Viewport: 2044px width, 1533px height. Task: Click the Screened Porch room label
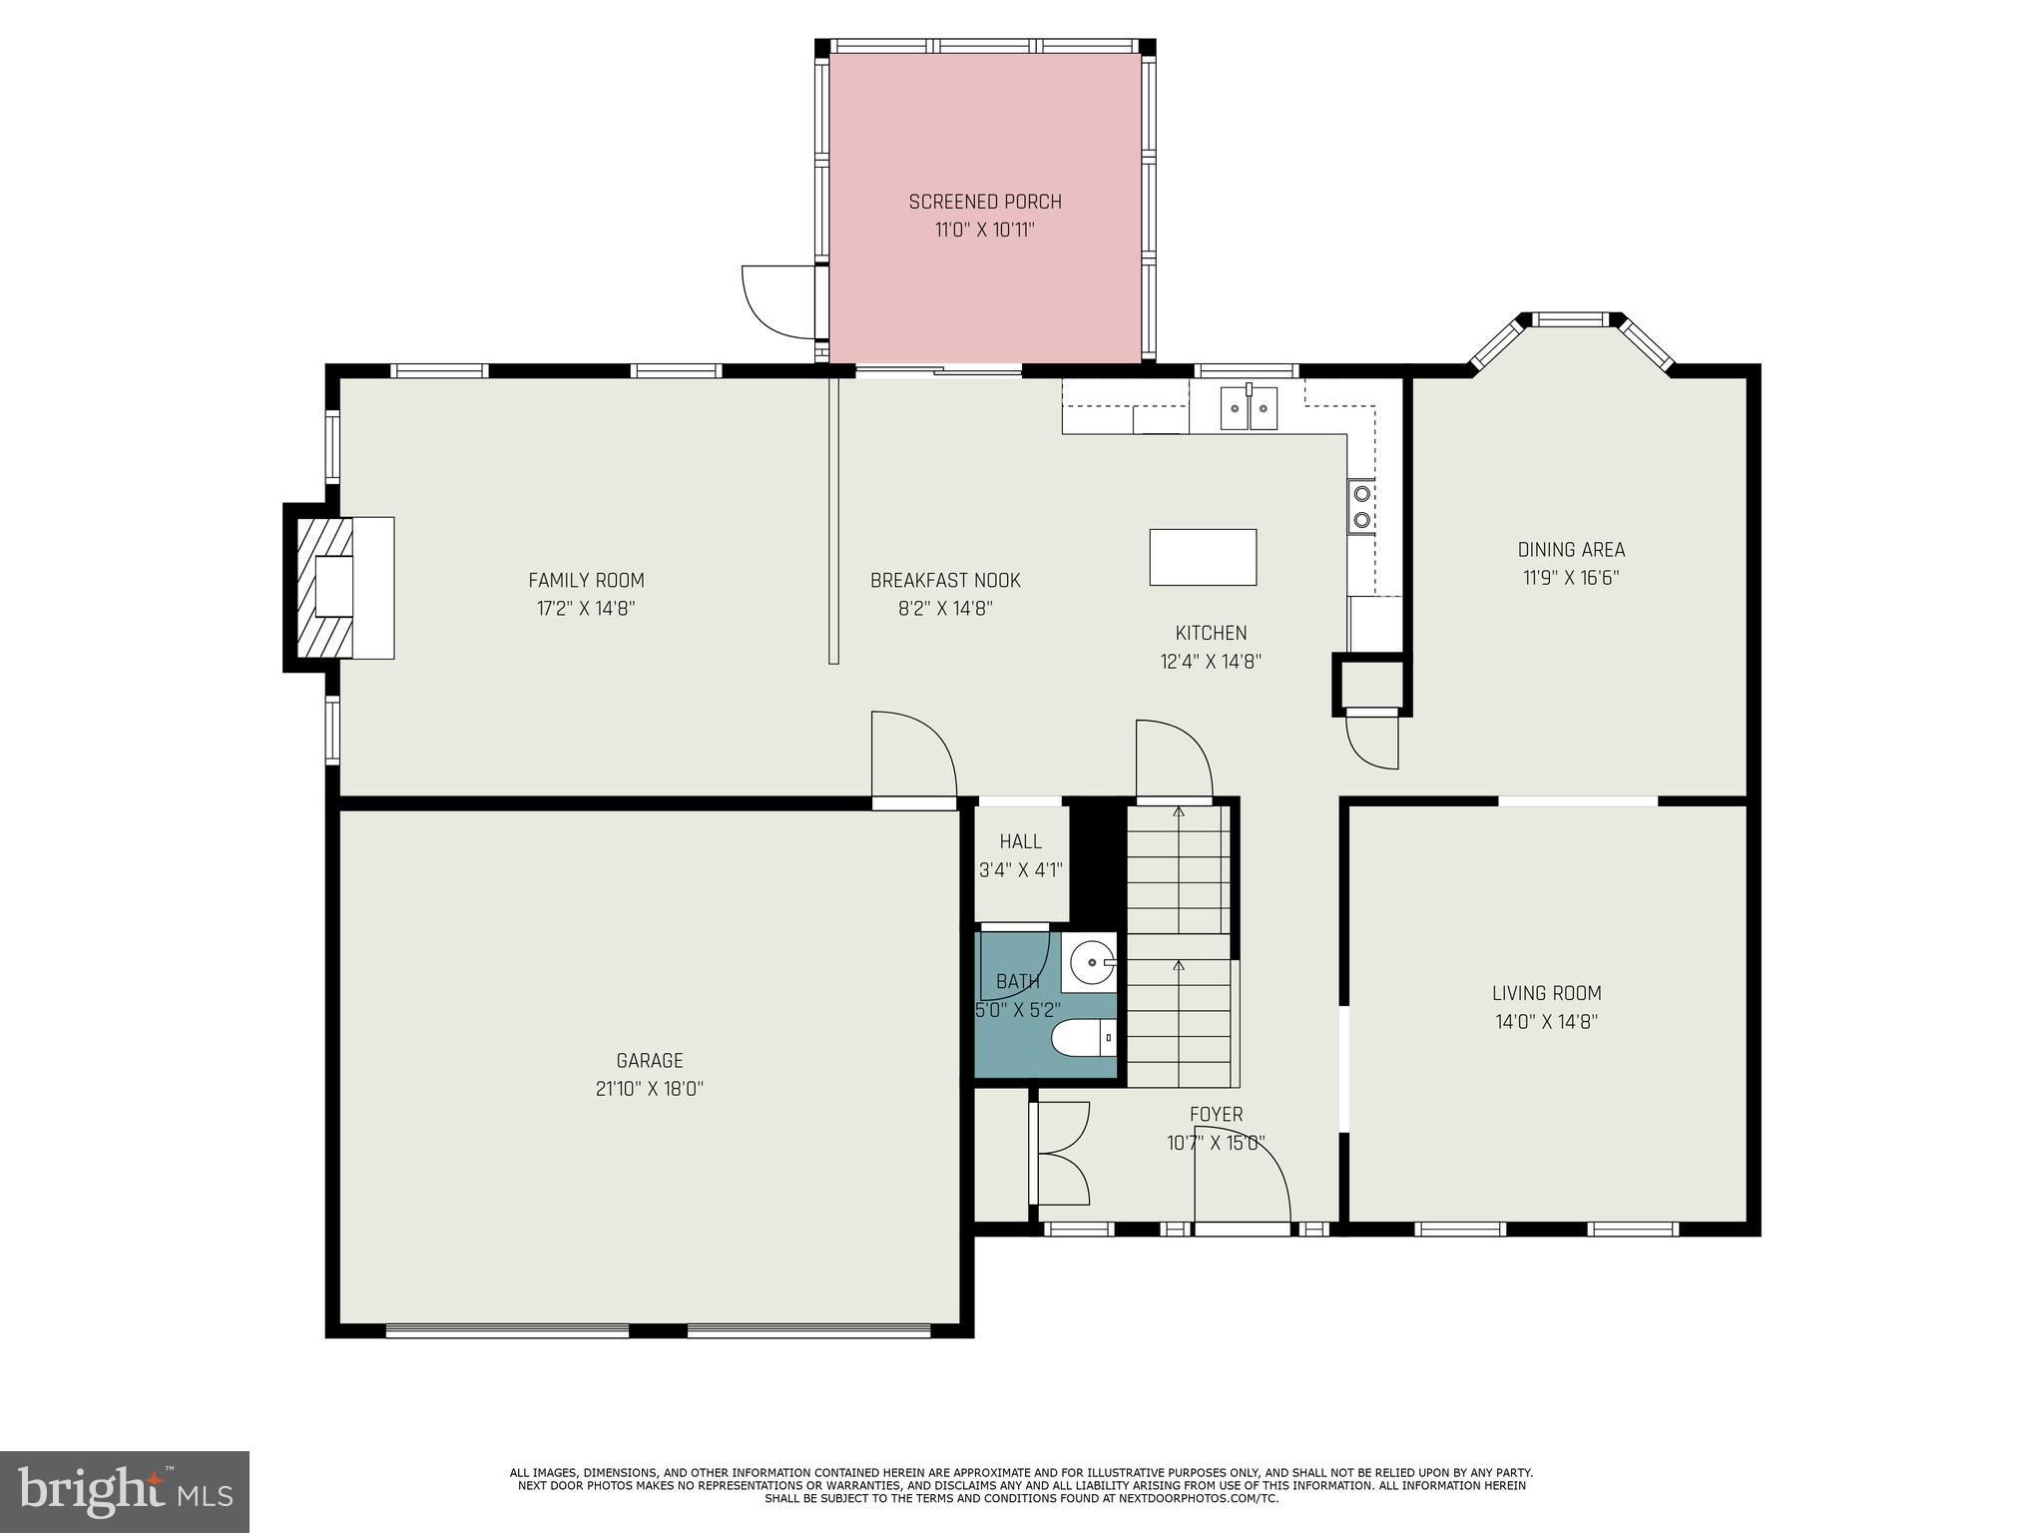[984, 202]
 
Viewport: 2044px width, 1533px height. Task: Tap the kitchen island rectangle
[1203, 557]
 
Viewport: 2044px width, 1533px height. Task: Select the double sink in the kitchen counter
[1249, 408]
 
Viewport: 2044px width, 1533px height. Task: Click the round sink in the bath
[1090, 962]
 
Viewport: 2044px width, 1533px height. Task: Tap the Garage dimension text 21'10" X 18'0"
[650, 1089]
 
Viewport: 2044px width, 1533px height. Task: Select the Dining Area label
[1571, 549]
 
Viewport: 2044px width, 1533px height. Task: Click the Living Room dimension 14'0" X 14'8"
[1546, 1021]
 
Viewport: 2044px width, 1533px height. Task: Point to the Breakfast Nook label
[944, 580]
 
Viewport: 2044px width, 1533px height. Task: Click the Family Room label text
[586, 580]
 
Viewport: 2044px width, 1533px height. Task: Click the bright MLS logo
[124, 1491]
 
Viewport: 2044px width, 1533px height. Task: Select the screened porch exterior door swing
[779, 300]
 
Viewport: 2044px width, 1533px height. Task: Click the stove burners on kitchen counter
[1361, 505]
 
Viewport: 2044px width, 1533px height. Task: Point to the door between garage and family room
[912, 759]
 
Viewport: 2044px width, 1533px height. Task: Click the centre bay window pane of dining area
[1571, 319]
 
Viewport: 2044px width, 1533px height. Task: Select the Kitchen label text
[1211, 633]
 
